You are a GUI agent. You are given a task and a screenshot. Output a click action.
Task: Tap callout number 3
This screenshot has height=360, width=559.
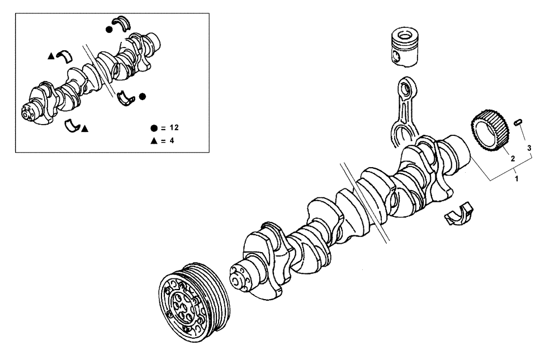click(529, 148)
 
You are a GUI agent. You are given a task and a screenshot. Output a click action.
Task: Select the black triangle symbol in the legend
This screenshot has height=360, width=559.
click(153, 141)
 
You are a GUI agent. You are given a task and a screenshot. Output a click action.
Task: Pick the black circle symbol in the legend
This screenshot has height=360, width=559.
click(153, 128)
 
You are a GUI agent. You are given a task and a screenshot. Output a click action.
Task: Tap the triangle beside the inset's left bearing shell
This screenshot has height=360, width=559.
click(51, 56)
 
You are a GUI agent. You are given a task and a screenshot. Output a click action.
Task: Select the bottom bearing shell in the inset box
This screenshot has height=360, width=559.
click(72, 126)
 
